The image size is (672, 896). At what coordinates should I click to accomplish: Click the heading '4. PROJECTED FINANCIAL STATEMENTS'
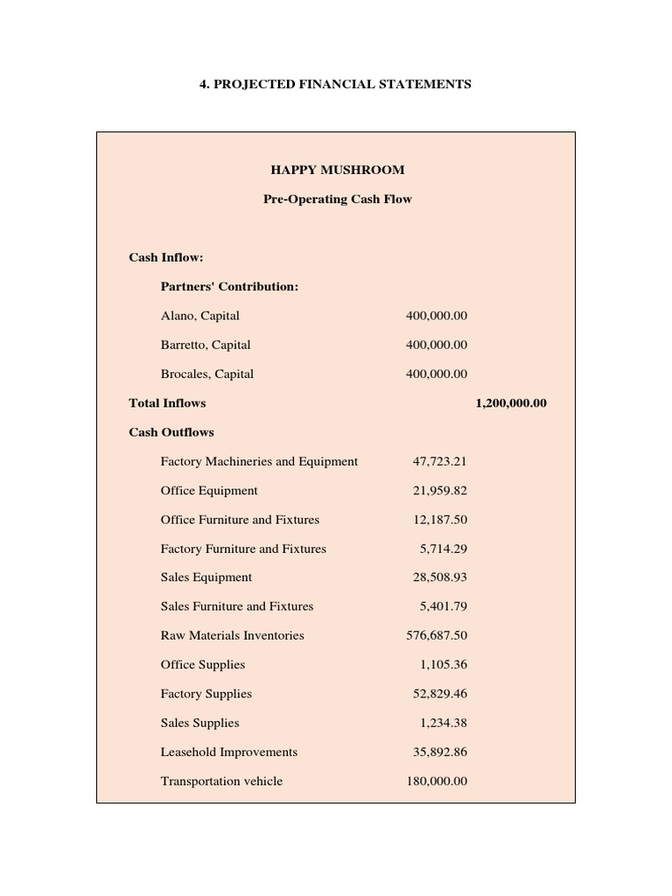pos(337,84)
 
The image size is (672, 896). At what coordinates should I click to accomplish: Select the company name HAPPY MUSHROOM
pos(337,170)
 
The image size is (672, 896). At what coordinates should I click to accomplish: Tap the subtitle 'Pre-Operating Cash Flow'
pos(337,199)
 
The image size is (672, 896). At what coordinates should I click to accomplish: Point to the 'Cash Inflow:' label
pos(166,257)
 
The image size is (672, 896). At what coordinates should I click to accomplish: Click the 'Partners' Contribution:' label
pos(229,286)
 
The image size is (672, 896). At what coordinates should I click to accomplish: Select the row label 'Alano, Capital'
pos(199,315)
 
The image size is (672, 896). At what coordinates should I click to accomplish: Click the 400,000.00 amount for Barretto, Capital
pos(436,345)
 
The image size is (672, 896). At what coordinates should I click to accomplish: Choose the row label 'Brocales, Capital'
pos(206,374)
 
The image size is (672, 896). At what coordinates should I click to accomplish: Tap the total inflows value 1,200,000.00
pos(511,402)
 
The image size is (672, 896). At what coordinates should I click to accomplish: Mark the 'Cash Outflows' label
pos(171,431)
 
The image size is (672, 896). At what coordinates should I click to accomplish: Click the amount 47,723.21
pos(439,461)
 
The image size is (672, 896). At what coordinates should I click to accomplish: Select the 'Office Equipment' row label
pos(209,490)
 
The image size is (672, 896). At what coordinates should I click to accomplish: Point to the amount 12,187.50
pos(439,520)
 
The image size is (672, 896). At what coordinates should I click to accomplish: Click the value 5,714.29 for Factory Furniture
pos(443,549)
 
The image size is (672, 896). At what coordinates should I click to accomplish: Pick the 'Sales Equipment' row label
pos(206,577)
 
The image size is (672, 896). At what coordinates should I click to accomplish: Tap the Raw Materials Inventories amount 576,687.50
pos(436,635)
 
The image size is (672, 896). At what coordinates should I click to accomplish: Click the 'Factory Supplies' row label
pos(206,694)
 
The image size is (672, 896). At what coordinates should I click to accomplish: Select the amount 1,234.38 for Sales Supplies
pos(443,723)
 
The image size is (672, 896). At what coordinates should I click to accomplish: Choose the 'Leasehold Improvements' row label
pos(228,752)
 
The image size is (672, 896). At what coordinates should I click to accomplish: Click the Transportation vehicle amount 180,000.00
pos(436,780)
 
